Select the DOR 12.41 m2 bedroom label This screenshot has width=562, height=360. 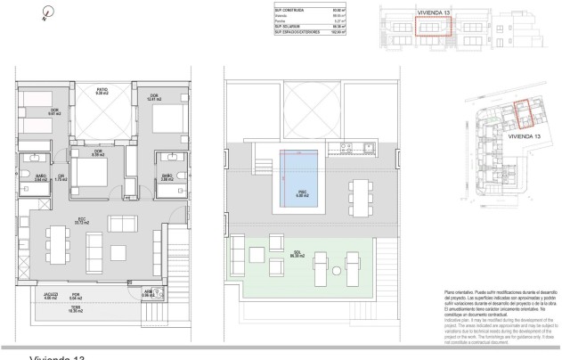tap(153, 97)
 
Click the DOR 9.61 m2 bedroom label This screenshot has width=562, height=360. tap(53, 111)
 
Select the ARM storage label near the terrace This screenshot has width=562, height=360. tap(148, 291)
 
